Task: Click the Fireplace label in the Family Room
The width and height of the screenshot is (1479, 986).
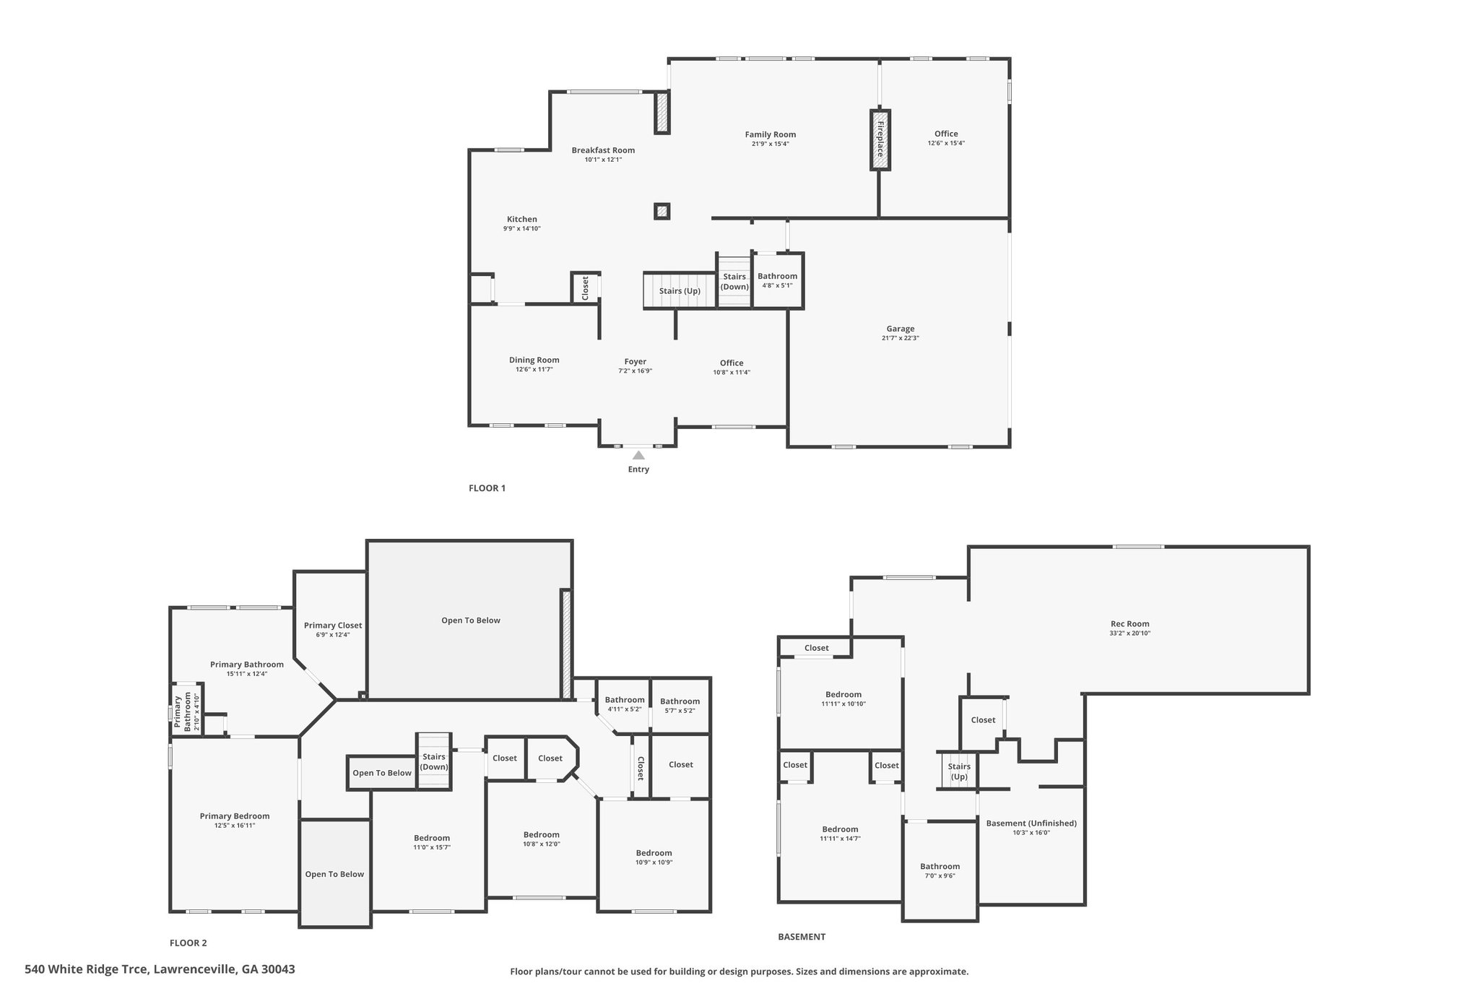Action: [x=880, y=139]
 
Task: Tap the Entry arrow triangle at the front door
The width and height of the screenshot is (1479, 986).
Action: [x=638, y=455]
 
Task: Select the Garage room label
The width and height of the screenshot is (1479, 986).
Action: [x=900, y=329]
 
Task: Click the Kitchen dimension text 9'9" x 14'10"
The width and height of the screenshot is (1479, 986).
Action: [x=521, y=229]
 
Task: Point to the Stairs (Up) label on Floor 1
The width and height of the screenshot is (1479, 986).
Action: [x=680, y=291]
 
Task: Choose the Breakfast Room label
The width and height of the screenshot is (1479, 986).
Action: [x=603, y=150]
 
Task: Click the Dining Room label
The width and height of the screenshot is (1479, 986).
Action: [x=534, y=360]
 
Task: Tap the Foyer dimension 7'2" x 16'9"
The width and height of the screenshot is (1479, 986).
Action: [x=635, y=371]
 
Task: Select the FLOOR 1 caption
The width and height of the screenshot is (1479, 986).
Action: [x=487, y=488]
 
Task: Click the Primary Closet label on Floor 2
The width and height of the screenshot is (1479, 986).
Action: [x=333, y=626]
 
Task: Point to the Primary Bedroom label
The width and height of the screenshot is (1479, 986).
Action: [x=235, y=816]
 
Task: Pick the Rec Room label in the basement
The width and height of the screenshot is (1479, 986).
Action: [x=1129, y=624]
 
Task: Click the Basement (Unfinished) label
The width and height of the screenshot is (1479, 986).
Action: [x=1031, y=823]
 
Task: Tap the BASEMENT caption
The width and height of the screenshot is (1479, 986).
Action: [x=801, y=937]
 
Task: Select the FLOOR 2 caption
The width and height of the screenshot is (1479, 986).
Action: [x=188, y=943]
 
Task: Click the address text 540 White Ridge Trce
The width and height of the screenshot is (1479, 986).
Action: [x=86, y=969]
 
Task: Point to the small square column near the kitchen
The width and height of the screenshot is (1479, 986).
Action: [x=662, y=211]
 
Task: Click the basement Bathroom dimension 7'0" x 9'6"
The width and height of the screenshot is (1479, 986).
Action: [x=940, y=875]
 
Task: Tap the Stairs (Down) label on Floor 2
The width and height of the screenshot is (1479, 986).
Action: [x=434, y=762]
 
